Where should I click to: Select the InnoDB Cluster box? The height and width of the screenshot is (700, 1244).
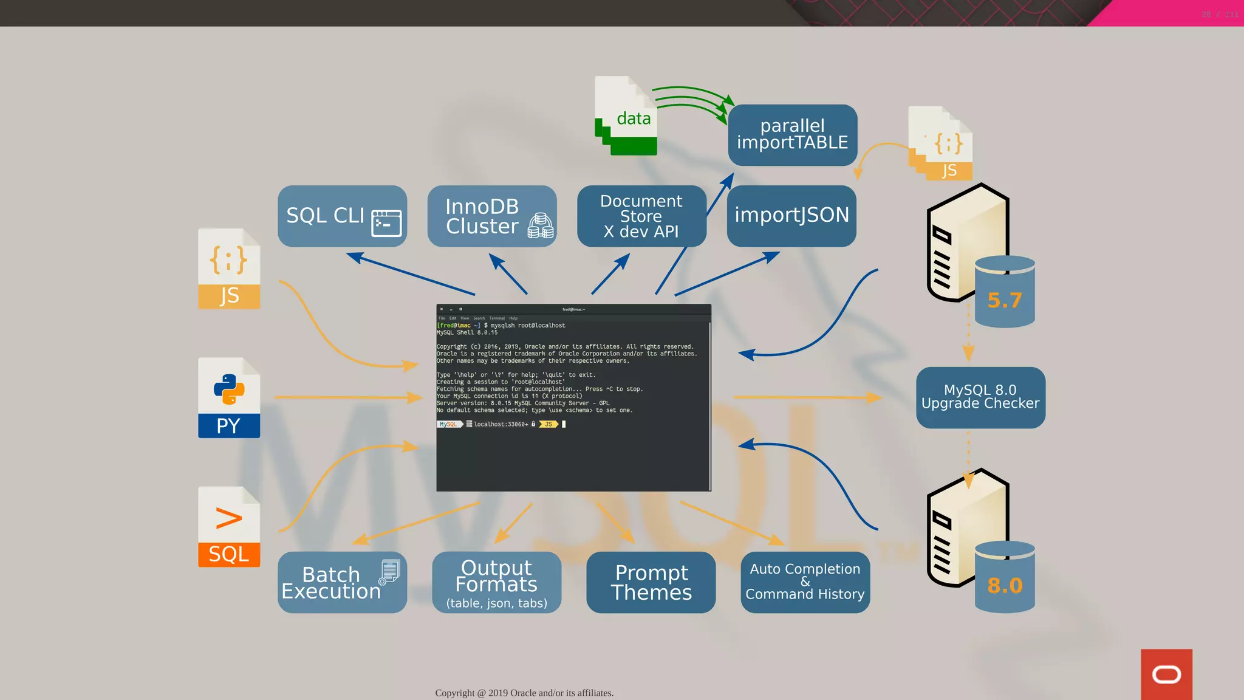click(x=491, y=216)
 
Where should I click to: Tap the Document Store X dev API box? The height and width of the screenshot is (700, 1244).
click(x=641, y=216)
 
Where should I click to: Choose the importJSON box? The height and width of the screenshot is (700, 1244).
click(x=791, y=216)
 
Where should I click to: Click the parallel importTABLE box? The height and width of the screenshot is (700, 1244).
click(x=792, y=134)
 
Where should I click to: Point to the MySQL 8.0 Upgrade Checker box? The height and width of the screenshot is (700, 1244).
click(x=980, y=397)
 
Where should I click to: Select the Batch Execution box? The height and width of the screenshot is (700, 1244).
click(x=341, y=582)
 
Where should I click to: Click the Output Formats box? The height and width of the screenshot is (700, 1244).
click(x=496, y=582)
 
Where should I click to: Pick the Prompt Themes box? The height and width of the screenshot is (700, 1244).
click(x=651, y=582)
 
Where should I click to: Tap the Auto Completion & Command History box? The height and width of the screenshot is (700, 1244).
click(x=805, y=582)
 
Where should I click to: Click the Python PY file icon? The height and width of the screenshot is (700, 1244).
click(x=229, y=397)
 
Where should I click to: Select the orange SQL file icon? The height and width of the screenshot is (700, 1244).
click(x=229, y=527)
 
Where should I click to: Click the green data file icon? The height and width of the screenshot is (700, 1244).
click(x=626, y=115)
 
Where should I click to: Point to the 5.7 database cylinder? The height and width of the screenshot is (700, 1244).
click(x=1004, y=292)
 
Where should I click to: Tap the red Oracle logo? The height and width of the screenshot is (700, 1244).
click(x=1166, y=674)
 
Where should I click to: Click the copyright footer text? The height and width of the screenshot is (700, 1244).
click(x=524, y=693)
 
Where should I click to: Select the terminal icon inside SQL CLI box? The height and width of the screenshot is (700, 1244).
click(x=386, y=223)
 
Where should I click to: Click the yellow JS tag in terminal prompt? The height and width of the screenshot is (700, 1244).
click(x=548, y=424)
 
